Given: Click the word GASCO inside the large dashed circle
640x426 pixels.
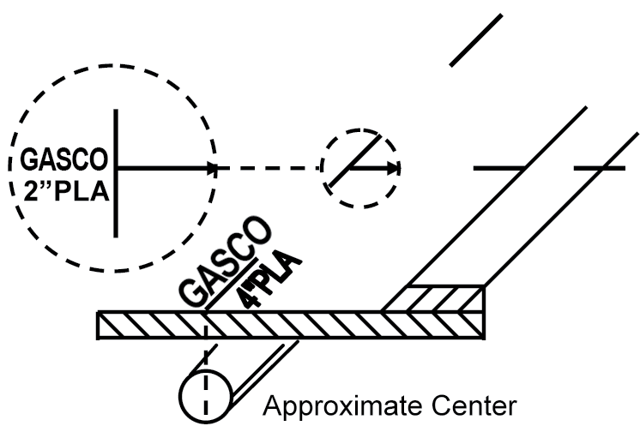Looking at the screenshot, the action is point(64,159).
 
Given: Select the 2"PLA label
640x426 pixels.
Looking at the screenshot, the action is point(67,191).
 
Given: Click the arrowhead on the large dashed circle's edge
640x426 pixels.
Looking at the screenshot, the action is point(212,168).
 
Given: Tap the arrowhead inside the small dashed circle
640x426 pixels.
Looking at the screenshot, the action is point(394,168).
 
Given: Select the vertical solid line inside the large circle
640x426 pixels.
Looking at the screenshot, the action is point(116,173).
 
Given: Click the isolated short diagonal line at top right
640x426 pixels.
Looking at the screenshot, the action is point(476,40).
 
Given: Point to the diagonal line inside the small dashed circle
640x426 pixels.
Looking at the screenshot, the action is point(355,161).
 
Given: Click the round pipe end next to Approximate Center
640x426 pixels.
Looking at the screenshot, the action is point(206,397).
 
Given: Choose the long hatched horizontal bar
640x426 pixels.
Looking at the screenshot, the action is point(290,325).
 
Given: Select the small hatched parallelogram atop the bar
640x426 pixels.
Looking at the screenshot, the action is point(433,299).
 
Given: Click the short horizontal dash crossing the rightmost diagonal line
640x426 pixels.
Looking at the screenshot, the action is point(600,168).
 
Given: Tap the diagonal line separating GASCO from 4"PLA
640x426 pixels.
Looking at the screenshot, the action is point(232,284).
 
